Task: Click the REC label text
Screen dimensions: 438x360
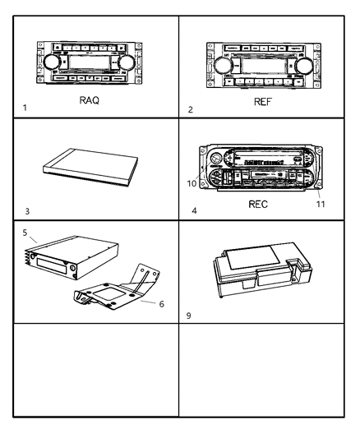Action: click(x=258, y=205)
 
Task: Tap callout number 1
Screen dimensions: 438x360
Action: click(x=25, y=108)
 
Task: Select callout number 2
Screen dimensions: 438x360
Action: click(x=191, y=109)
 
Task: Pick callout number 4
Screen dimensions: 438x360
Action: click(x=193, y=211)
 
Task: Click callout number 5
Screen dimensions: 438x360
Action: click(x=25, y=233)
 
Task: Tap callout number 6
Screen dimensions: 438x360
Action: click(x=161, y=303)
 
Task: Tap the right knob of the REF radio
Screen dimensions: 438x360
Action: click(x=304, y=66)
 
